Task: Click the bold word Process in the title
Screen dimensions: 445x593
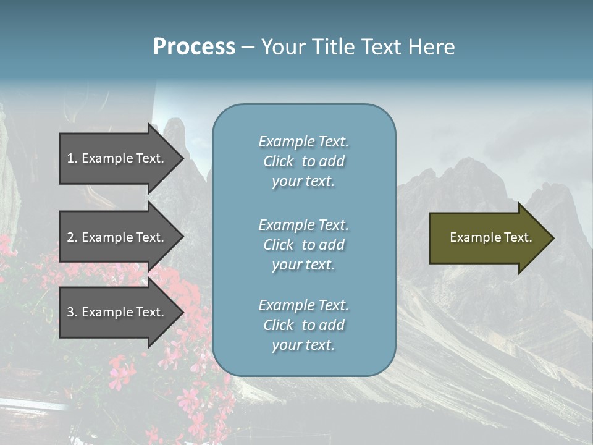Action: pos(194,47)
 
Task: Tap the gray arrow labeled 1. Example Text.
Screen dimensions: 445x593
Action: pos(117,158)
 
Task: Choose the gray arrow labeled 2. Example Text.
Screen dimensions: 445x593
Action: pos(117,237)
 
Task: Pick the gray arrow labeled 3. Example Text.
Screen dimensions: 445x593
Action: pos(117,312)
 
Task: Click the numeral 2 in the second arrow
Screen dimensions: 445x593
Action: pos(70,237)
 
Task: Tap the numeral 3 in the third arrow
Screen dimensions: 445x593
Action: pos(70,312)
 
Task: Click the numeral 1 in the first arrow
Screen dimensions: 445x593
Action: pos(70,158)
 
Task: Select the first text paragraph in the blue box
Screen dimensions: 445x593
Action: pos(303,161)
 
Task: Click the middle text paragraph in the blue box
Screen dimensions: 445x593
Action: pos(303,245)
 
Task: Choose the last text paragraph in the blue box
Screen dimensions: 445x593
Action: pos(303,325)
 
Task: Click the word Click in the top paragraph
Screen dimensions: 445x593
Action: pos(278,161)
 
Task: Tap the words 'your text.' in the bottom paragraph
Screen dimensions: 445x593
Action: pos(303,345)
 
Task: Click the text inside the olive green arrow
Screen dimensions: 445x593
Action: pos(490,237)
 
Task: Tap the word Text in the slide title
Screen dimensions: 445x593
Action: pos(380,47)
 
